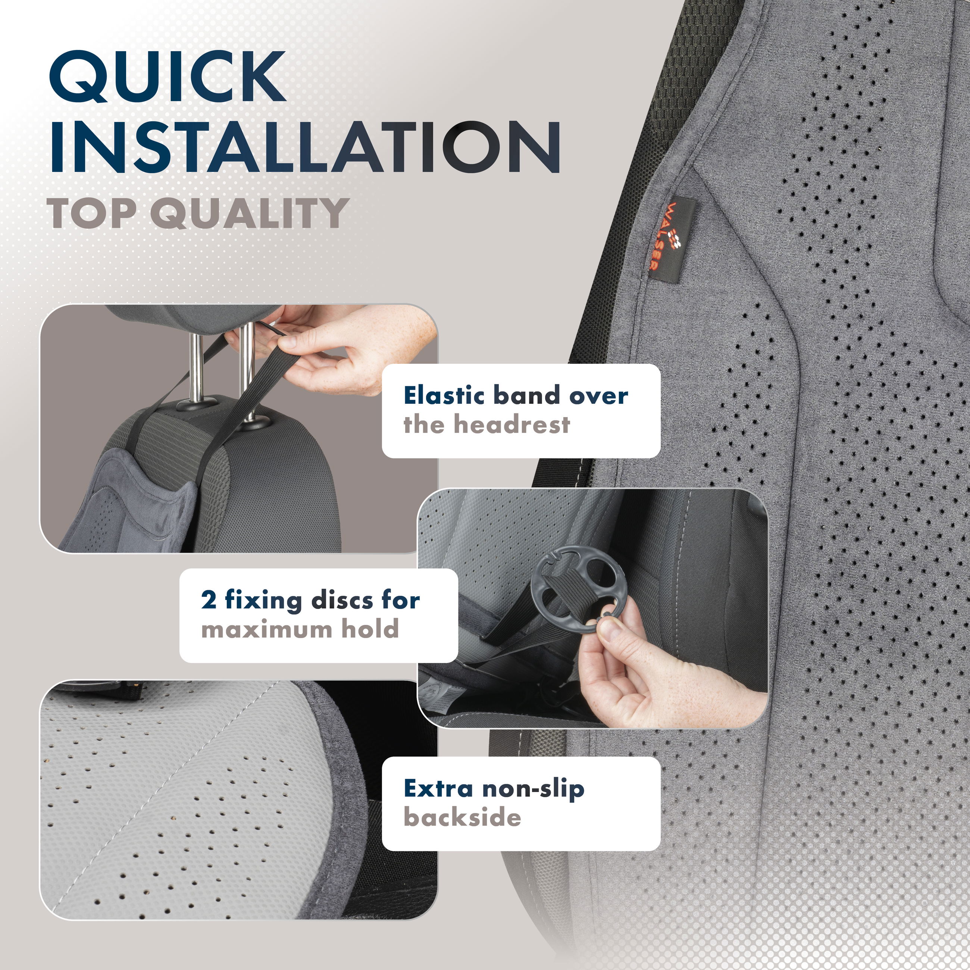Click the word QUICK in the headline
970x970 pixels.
[167, 77]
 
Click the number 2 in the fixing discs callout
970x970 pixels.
[209, 601]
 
